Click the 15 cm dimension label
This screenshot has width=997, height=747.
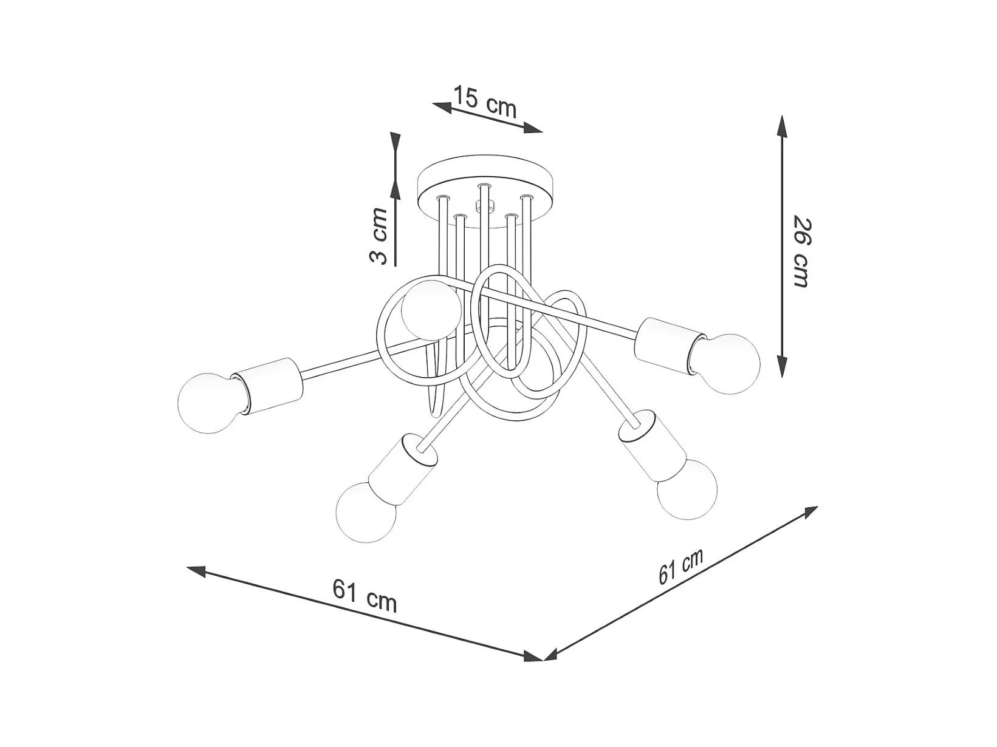(485, 102)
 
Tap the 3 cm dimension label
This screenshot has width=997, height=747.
(379, 236)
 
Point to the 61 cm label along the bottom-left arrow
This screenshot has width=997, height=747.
(365, 596)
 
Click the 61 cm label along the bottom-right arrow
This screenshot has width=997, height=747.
(681, 566)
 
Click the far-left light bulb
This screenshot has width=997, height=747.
(209, 403)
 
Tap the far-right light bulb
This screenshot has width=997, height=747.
(725, 364)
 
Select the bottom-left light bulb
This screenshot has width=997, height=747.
(366, 511)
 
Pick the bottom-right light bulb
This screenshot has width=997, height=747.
(687, 489)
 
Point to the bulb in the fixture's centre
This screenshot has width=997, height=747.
(431, 310)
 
